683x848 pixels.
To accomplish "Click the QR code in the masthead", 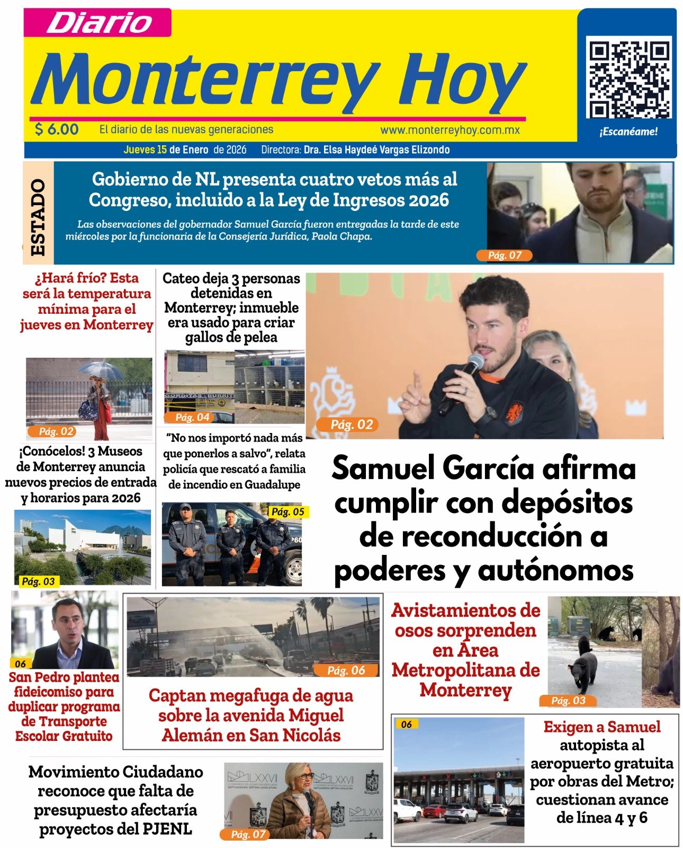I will click(628, 79).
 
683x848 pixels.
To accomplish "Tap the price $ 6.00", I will click(57, 129).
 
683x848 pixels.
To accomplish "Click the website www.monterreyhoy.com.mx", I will click(450, 130).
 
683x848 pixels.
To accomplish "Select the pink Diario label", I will click(98, 23).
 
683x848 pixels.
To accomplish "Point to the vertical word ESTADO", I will click(38, 217).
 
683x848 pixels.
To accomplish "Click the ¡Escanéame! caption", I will click(628, 132).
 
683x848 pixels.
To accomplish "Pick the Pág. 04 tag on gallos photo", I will click(192, 417).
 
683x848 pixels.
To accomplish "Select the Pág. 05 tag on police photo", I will click(287, 511).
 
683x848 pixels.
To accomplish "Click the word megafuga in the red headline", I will click(250, 695).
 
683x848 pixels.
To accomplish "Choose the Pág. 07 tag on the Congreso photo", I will click(505, 255).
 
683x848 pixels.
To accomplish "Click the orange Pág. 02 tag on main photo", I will click(352, 425).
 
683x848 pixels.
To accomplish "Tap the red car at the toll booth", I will click(434, 810).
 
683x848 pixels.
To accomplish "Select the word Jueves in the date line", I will click(139, 150).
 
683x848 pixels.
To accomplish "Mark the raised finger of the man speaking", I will click(416, 381).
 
